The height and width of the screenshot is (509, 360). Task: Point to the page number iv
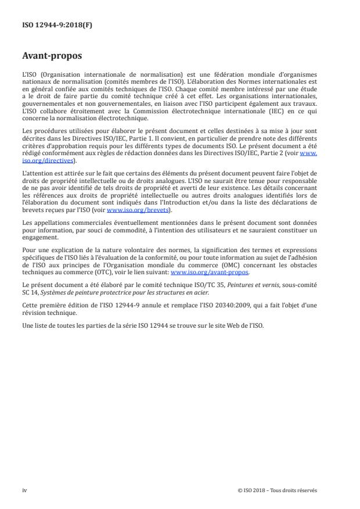24,490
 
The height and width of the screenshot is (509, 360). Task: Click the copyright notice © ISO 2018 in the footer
278,490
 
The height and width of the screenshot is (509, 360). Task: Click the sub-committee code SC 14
30,292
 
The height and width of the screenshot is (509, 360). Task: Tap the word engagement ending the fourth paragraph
39,237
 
